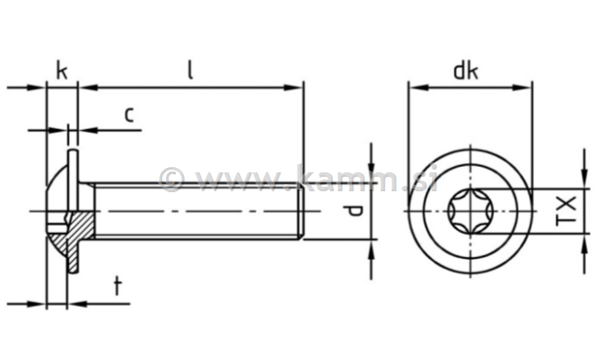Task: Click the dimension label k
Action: pyautogui.click(x=61, y=69)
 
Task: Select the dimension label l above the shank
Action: pyautogui.click(x=190, y=69)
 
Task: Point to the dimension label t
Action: pyautogui.click(x=117, y=286)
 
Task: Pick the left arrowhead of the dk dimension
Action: pyautogui.click(x=416, y=88)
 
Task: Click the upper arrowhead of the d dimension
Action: pyautogui.click(x=371, y=176)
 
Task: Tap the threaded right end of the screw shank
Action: pyautogui.click(x=296, y=210)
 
